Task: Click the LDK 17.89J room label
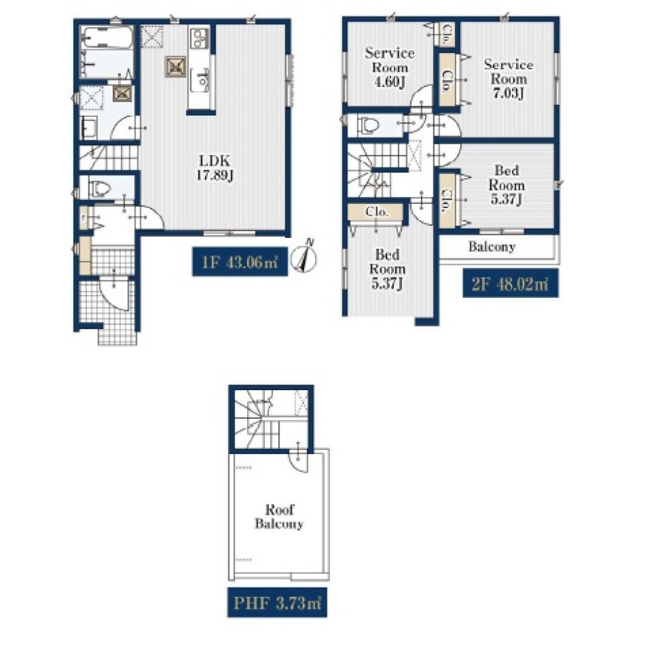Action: pyautogui.click(x=215, y=167)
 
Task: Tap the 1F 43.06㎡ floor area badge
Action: pyautogui.click(x=240, y=262)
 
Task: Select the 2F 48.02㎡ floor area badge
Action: pyautogui.click(x=510, y=282)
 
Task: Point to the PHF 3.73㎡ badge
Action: pyautogui.click(x=278, y=602)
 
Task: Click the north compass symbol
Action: pyautogui.click(x=305, y=257)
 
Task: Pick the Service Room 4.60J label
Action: pyautogui.click(x=390, y=67)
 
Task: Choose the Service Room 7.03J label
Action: pyautogui.click(x=509, y=78)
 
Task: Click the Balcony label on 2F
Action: pyautogui.click(x=491, y=247)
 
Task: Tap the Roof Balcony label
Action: pyautogui.click(x=279, y=516)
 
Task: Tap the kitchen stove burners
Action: pyautogui.click(x=199, y=39)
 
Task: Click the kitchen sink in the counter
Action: pyautogui.click(x=199, y=79)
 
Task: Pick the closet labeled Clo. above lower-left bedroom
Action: pyautogui.click(x=376, y=211)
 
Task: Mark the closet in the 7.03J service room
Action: pyautogui.click(x=447, y=80)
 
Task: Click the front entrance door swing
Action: pyautogui.click(x=114, y=293)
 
